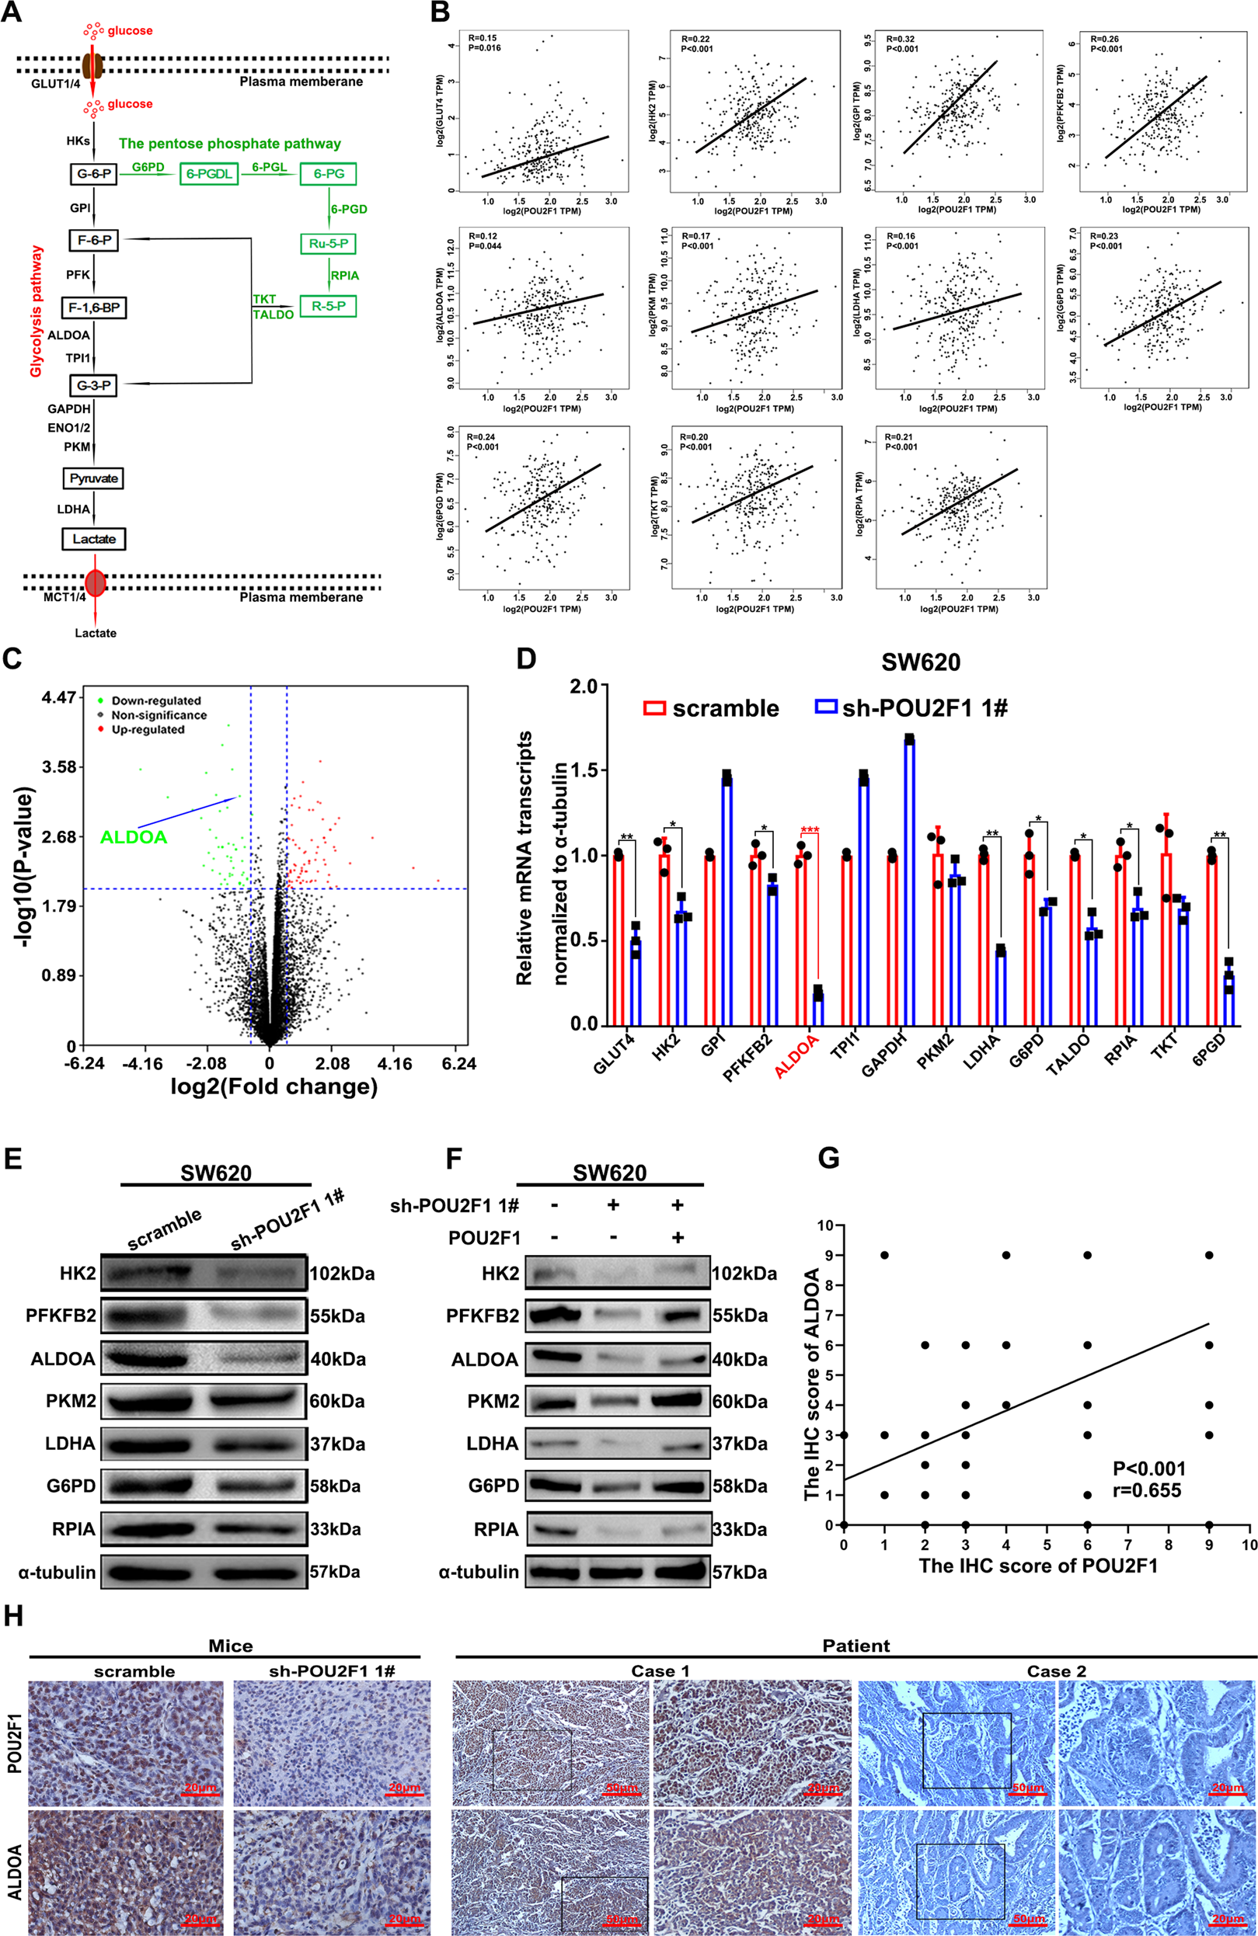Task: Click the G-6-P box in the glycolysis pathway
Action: tap(92, 174)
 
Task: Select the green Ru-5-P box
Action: tap(328, 243)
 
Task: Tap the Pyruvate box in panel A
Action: tap(93, 478)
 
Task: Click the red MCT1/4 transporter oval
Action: tap(96, 582)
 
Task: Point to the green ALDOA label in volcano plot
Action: tap(134, 837)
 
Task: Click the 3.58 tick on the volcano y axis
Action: tap(58, 767)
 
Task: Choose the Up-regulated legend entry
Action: tap(148, 730)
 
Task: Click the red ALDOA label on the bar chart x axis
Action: tap(796, 1057)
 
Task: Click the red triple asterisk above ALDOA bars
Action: tap(810, 830)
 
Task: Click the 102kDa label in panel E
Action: tap(342, 1274)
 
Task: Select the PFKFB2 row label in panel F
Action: tap(482, 1316)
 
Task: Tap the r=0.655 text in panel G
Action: tap(1147, 1490)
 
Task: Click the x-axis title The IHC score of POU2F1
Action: tap(1037, 1566)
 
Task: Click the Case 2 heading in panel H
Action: tap(1055, 1671)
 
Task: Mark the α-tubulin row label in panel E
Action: tap(57, 1573)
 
